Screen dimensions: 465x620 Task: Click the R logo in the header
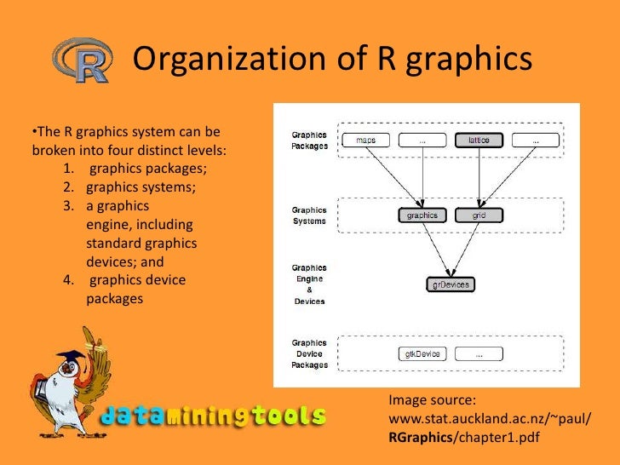tap(83, 60)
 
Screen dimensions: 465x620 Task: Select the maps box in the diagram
tap(366, 140)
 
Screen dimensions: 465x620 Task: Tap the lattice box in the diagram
tap(479, 140)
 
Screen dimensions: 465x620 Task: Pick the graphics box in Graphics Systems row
tap(422, 215)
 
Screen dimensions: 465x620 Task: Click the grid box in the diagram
tap(479, 215)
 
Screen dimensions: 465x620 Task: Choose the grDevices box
tap(451, 284)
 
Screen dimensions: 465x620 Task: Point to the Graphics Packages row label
tap(309, 140)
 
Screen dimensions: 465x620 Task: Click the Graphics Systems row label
tap(309, 215)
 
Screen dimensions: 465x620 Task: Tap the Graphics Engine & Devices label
tap(309, 284)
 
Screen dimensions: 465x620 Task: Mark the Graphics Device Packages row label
tap(309, 353)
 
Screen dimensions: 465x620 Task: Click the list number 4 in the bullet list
tap(67, 280)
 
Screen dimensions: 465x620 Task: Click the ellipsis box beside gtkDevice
tap(479, 353)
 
